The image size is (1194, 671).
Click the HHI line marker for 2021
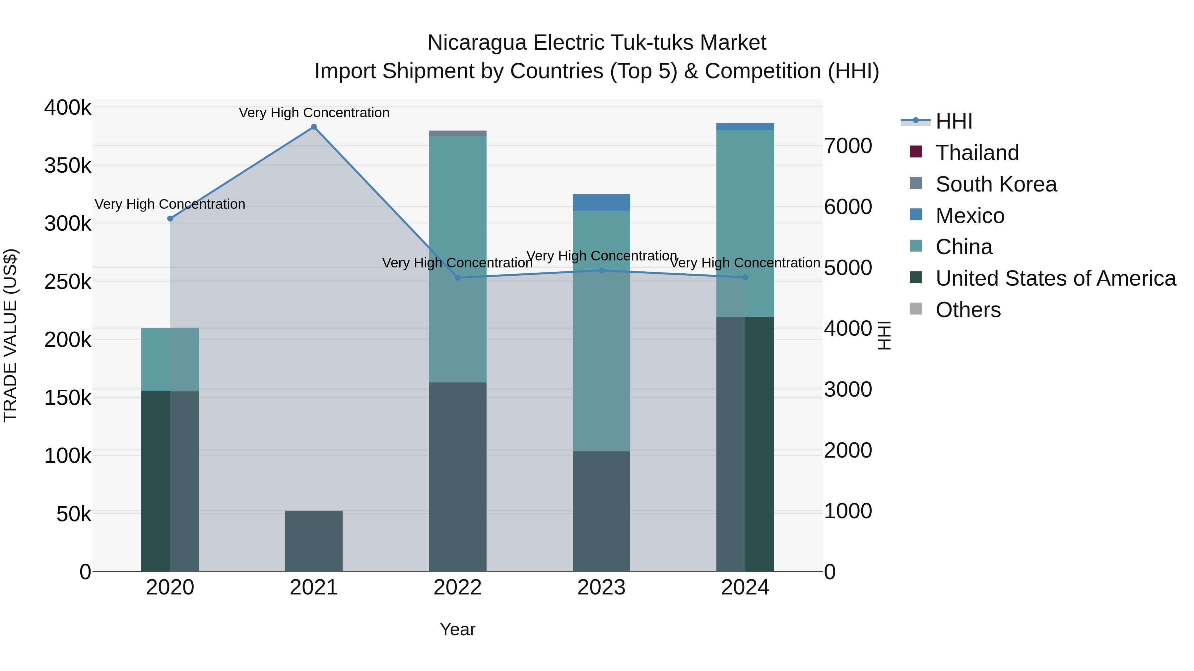(314, 127)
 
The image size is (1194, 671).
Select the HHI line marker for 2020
(170, 219)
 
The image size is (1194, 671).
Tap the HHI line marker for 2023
(601, 270)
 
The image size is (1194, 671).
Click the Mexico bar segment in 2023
(601, 202)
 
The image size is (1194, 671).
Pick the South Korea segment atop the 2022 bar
(457, 133)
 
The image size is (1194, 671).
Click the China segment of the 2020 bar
(170, 359)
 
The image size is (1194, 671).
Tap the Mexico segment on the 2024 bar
(745, 127)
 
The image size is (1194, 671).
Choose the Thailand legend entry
(977, 153)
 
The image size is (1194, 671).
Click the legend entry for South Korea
(996, 184)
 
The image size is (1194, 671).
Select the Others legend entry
(968, 310)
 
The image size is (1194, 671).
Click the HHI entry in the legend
(954, 121)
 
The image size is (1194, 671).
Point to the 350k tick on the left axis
(68, 165)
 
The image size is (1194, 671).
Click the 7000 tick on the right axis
(848, 146)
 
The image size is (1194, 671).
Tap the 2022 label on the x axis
(457, 587)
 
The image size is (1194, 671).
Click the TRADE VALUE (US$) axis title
(10, 335)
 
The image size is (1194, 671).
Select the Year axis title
(457, 629)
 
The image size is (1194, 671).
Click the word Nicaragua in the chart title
(477, 43)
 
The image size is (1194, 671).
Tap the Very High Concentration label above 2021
(314, 113)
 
